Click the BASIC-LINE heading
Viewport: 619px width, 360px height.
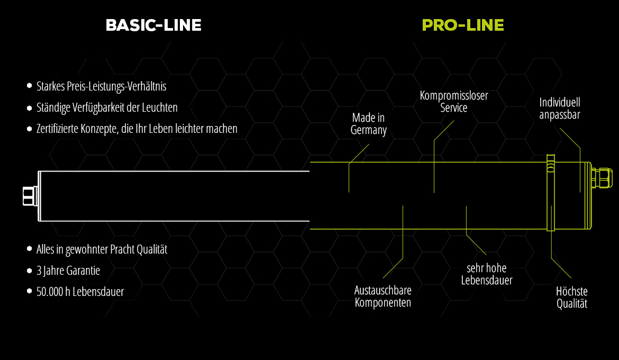tap(153, 25)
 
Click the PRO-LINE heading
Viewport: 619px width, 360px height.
tap(463, 25)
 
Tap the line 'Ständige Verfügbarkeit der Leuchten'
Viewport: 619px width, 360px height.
tap(107, 107)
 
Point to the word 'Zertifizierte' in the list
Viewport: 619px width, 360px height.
tap(58, 129)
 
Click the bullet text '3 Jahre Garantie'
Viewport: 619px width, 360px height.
tap(68, 271)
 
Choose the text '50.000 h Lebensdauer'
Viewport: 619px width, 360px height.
tap(80, 291)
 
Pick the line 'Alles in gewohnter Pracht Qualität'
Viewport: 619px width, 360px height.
tap(102, 249)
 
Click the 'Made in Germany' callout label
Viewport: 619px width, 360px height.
tap(369, 124)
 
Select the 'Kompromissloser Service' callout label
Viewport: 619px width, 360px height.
tap(454, 102)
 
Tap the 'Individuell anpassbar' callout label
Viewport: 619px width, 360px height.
tap(560, 108)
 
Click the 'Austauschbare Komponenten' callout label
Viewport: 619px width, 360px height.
tap(383, 296)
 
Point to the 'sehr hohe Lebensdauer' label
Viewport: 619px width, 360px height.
tap(487, 274)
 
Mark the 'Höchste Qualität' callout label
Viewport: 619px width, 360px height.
tap(572, 298)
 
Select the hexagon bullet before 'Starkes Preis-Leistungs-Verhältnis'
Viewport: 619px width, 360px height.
tap(29, 86)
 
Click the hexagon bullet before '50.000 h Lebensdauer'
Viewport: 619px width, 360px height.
tap(29, 291)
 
